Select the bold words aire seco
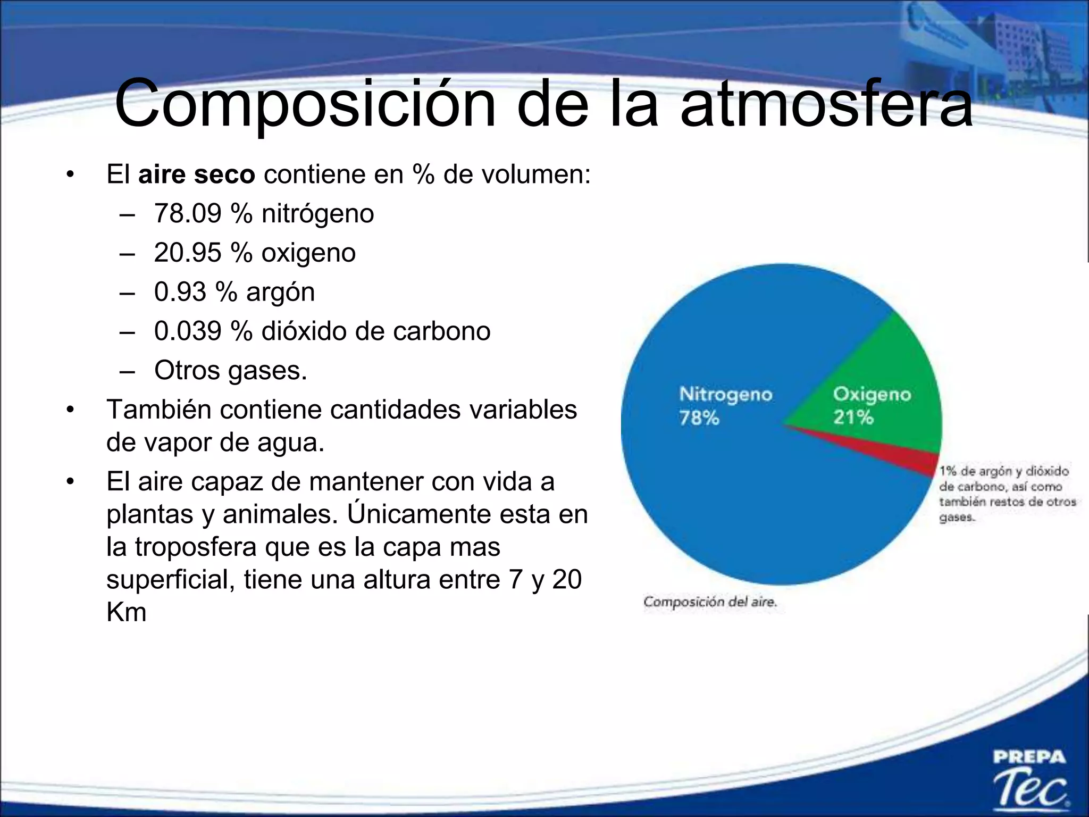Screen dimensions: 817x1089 tap(196, 174)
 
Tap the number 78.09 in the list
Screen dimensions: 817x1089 tap(187, 214)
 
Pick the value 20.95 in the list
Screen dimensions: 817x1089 tap(187, 253)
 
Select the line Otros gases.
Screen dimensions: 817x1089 tap(230, 370)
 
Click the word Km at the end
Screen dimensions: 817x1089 tap(126, 612)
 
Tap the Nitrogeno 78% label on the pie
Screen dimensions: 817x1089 tap(725, 405)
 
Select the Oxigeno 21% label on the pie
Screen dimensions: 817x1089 tap(872, 405)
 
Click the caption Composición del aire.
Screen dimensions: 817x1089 tap(710, 602)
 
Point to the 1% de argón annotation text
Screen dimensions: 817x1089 tap(1005, 494)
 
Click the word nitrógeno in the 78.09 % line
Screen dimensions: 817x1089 tap(317, 214)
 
